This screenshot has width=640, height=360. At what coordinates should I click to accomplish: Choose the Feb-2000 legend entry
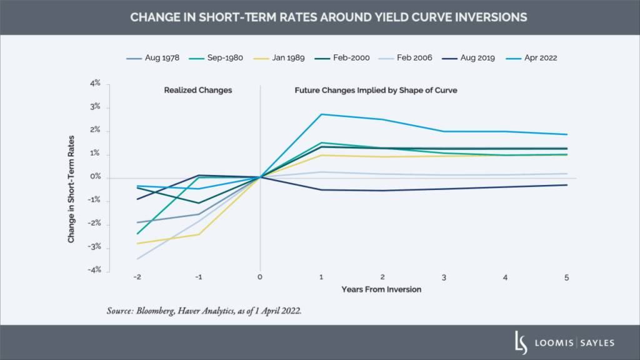(x=351, y=57)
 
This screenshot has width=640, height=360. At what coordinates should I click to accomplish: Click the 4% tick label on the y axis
(x=94, y=84)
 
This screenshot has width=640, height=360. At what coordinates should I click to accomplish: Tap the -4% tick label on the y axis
(x=93, y=271)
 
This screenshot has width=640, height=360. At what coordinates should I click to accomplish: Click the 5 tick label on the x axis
(x=567, y=277)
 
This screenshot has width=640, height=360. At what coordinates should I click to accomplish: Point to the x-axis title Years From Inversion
(x=382, y=289)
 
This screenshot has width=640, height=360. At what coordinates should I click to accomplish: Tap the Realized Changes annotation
(x=197, y=90)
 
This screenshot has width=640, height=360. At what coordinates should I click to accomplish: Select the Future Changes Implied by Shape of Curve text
(x=376, y=90)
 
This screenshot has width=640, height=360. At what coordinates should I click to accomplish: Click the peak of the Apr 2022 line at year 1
(x=321, y=114)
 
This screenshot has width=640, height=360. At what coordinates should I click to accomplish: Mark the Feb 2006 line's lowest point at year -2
(x=136, y=259)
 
